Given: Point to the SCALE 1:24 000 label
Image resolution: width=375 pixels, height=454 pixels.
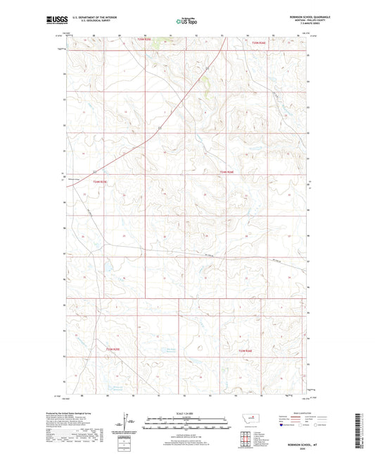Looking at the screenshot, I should point(186,412).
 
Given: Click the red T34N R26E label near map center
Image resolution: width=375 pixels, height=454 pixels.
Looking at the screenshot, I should point(226,171).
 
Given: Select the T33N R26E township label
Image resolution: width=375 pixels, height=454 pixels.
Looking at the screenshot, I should point(246,350).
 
